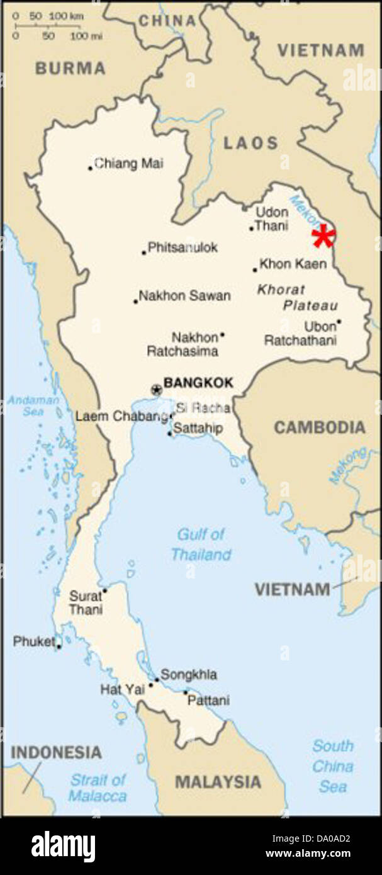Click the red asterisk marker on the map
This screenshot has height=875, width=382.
click(x=323, y=237)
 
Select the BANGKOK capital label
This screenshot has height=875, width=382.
click(x=198, y=382)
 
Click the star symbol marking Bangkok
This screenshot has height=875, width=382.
click(x=156, y=390)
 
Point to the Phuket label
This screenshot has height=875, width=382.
click(x=33, y=642)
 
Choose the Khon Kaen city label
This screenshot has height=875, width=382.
click(x=293, y=264)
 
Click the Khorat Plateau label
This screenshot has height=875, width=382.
click(x=297, y=298)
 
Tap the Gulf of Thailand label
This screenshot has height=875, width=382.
click(x=201, y=545)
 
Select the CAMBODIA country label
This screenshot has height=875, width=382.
click(x=319, y=427)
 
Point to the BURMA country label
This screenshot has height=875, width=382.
click(x=70, y=68)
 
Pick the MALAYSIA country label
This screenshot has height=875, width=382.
click(x=218, y=782)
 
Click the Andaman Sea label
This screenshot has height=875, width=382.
click(x=25, y=405)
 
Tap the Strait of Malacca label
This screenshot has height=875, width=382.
click(x=98, y=787)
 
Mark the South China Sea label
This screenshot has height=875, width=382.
click(x=332, y=766)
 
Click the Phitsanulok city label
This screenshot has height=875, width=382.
click(x=183, y=247)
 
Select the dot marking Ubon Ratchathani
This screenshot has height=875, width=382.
click(x=339, y=322)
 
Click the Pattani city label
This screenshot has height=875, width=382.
click(x=211, y=700)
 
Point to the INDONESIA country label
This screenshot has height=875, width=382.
click(x=56, y=752)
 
